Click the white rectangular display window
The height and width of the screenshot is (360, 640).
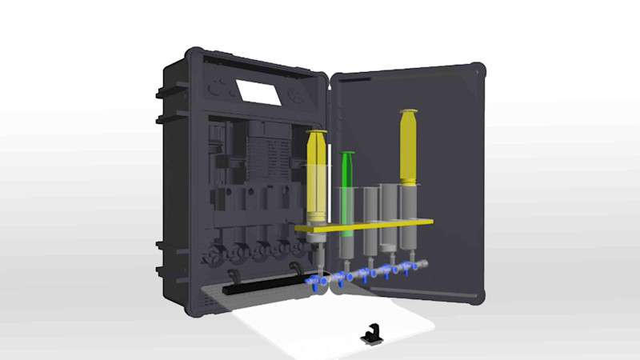coord(258,91)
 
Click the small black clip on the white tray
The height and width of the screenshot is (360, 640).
coord(372,334)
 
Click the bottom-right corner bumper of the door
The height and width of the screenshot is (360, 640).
coord(478,296)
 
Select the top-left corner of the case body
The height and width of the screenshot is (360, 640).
coord(192,54)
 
